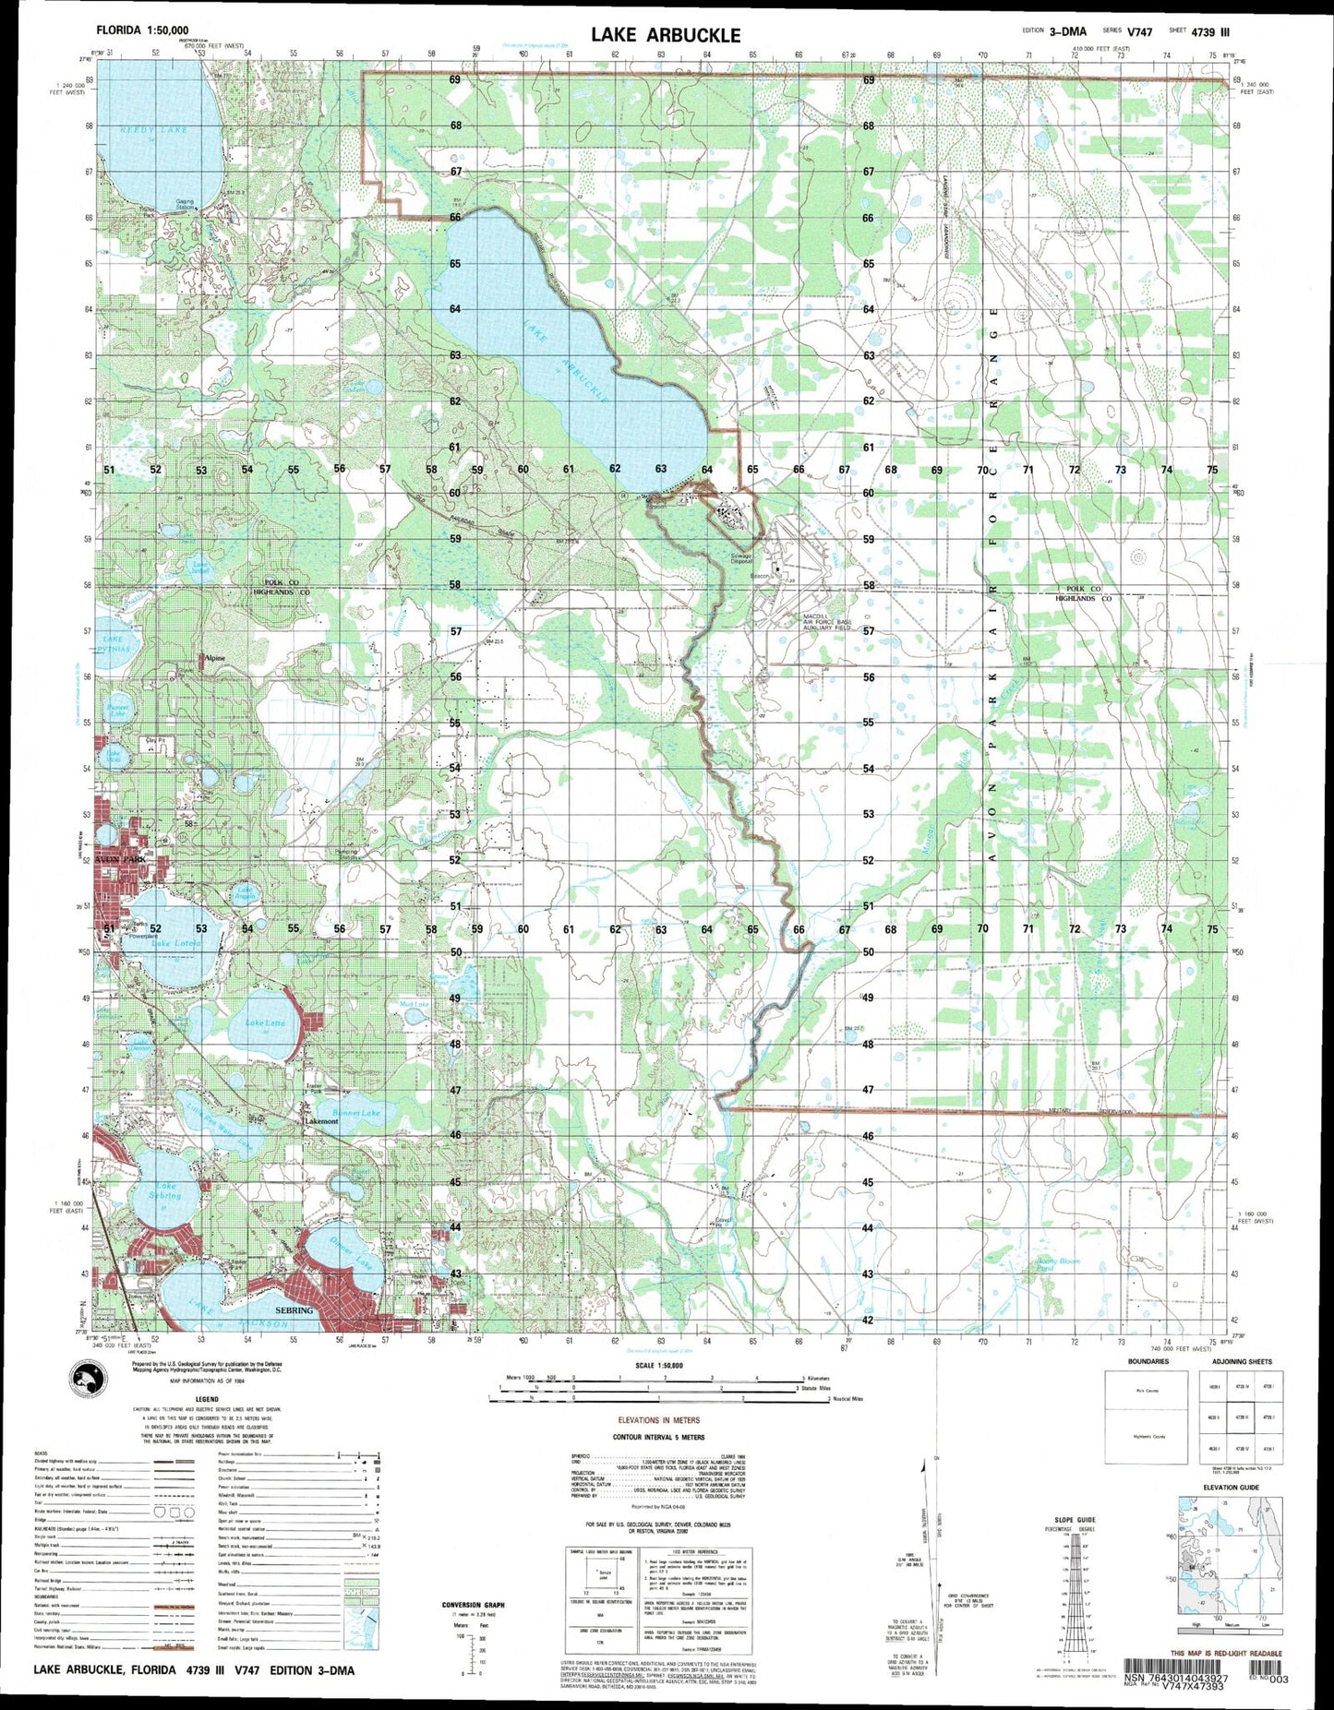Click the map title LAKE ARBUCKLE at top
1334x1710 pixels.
666,35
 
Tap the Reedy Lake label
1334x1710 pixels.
153,130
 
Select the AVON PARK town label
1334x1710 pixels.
121,859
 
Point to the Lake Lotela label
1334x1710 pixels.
175,943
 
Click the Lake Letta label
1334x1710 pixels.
264,1022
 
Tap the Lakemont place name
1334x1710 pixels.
321,1120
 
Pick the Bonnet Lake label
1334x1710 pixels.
357,1113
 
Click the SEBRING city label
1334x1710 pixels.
294,1309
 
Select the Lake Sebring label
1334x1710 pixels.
165,1190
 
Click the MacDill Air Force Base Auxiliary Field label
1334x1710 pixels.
825,621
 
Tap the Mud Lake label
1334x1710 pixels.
414,1003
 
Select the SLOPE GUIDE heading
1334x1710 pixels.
1074,1519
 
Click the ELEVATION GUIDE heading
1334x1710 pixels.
1231,1487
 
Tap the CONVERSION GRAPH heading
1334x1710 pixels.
474,1605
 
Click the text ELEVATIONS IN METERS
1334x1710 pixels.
659,1419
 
